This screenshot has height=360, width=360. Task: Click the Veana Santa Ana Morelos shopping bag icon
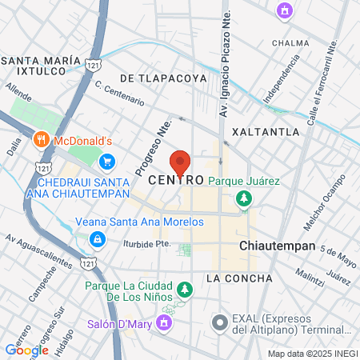click(x=97, y=238)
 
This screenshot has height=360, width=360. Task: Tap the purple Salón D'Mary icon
click(x=164, y=322)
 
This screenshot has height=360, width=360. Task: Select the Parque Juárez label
click(x=244, y=181)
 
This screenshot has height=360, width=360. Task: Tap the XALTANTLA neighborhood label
click(x=265, y=131)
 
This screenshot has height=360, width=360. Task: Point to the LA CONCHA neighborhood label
click(x=239, y=278)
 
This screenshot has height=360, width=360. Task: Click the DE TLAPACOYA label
click(x=163, y=78)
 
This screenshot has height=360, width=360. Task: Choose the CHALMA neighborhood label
click(x=290, y=42)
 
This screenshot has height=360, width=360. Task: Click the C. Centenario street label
click(x=120, y=93)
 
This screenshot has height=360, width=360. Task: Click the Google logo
click(x=26, y=350)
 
